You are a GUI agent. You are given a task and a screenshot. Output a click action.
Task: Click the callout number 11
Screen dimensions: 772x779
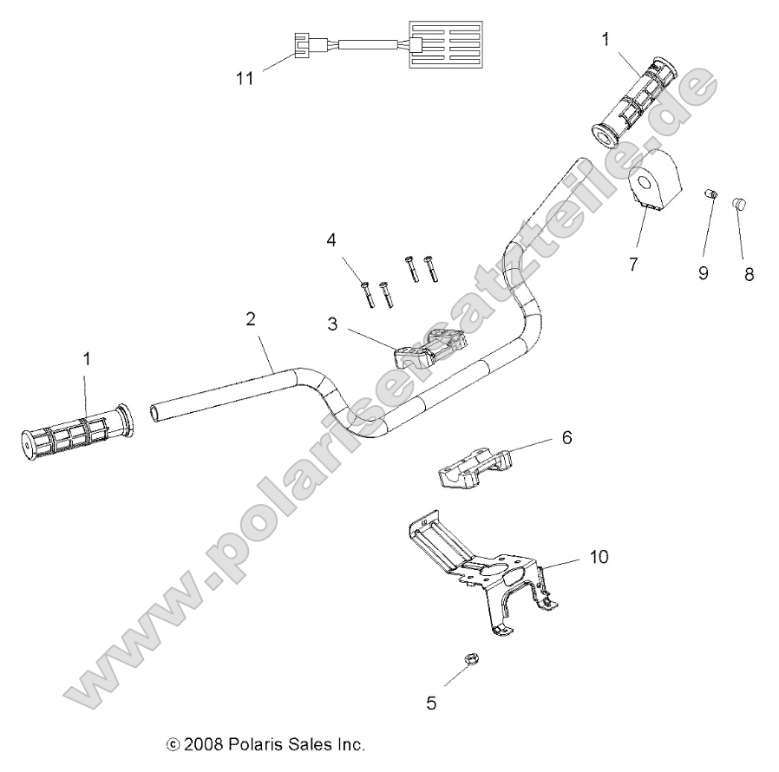click(245, 78)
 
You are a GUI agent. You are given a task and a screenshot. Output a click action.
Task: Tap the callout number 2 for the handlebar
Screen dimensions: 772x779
click(251, 318)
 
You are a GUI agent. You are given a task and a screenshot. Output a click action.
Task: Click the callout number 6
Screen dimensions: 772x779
click(566, 439)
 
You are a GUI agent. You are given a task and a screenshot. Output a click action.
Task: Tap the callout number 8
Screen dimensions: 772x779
click(749, 273)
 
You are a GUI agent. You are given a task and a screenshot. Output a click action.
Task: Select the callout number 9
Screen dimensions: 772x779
click(703, 273)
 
